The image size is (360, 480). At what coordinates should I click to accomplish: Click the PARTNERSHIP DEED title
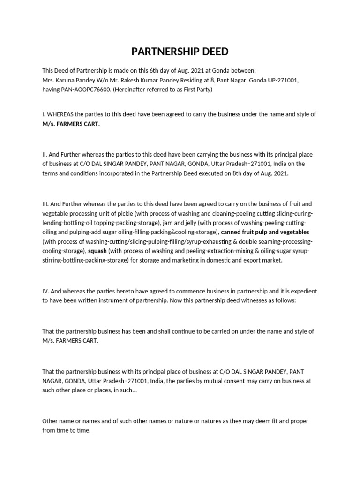coord(180,51)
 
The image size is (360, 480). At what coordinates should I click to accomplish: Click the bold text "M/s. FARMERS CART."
coord(71,124)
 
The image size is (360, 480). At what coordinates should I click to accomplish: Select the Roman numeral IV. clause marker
coord(46,291)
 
